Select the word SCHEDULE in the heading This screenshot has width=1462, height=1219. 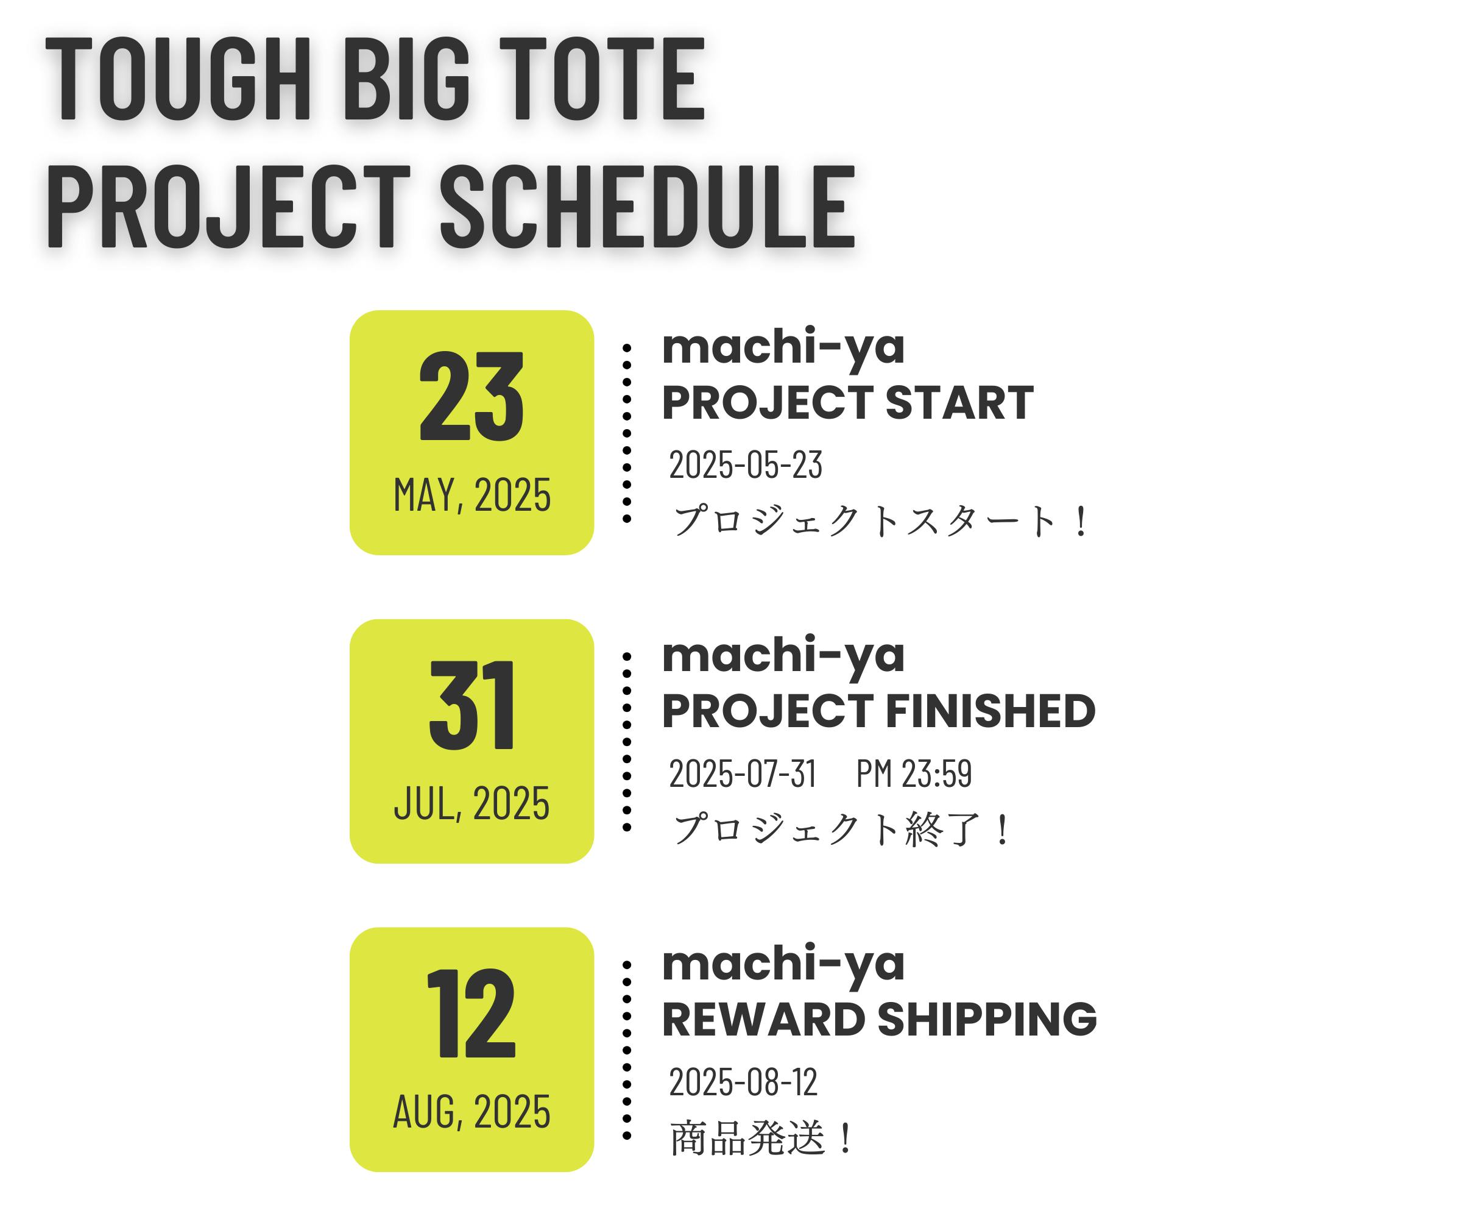click(648, 206)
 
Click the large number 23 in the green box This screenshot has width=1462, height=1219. click(471, 396)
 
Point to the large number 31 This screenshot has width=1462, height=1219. click(471, 705)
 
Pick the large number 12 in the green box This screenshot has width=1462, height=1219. click(471, 1013)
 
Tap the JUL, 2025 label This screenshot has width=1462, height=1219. click(472, 803)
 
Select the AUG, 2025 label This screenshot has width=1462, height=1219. click(472, 1111)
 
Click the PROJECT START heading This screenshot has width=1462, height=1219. click(848, 403)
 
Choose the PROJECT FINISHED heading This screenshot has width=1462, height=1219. click(878, 711)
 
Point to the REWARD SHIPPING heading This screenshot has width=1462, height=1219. click(879, 1019)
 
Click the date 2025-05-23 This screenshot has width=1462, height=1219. click(746, 464)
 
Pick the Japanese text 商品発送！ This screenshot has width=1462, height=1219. click(761, 1138)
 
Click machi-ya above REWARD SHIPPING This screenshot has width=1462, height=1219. click(783, 965)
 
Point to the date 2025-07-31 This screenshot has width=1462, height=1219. click(743, 773)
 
